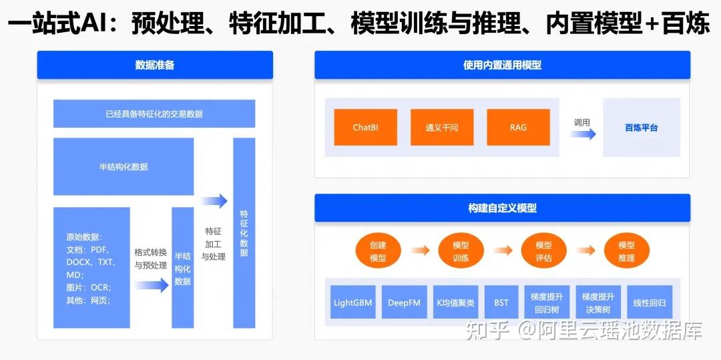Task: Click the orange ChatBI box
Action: [x=365, y=127]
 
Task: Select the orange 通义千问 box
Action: [x=442, y=127]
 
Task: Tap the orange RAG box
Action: [x=518, y=127]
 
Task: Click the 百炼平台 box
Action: [x=641, y=127]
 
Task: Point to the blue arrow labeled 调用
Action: [x=583, y=134]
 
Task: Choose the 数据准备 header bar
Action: [x=155, y=65]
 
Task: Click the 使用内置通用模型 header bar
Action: [x=502, y=65]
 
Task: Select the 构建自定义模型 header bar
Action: [x=502, y=208]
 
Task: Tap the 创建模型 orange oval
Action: [x=378, y=251]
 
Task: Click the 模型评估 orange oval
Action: [x=543, y=251]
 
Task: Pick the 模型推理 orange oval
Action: [x=626, y=251]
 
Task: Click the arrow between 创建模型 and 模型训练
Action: [x=420, y=250]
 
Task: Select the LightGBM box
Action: [x=353, y=303]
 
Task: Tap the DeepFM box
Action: [x=404, y=303]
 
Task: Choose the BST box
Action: [x=501, y=303]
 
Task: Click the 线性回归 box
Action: [x=650, y=303]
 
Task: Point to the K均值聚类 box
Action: [x=455, y=303]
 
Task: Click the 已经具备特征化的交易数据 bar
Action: [x=154, y=114]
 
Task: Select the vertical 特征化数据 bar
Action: [x=244, y=233]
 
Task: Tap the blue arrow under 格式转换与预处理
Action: [x=152, y=286]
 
